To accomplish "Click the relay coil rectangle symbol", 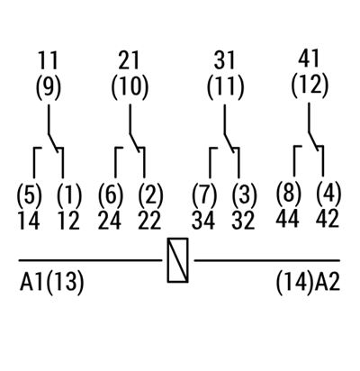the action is tap(177, 260).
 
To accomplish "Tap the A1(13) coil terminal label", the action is tap(51, 282).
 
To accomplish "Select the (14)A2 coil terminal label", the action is tap(308, 282).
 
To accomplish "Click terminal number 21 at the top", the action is tap(129, 60).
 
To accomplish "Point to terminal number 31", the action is tap(224, 60).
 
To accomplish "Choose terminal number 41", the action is tap(309, 59).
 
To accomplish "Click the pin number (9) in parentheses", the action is tap(49, 86).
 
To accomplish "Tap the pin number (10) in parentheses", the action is tap(130, 86).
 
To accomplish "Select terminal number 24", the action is tap(110, 221).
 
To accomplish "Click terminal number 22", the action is tap(149, 221).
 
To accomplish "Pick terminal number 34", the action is tap(203, 221).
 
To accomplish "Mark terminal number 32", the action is tap(243, 221).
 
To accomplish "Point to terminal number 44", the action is tap(287, 218).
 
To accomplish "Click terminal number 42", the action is tap(328, 218).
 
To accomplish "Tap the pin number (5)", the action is tap(30, 195).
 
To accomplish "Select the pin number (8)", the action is tap(288, 193).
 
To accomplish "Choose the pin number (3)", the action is tap(245, 195).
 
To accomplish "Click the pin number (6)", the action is tap(111, 195).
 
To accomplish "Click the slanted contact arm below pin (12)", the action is tap(314, 140).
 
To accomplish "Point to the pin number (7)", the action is tap(204, 195).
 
